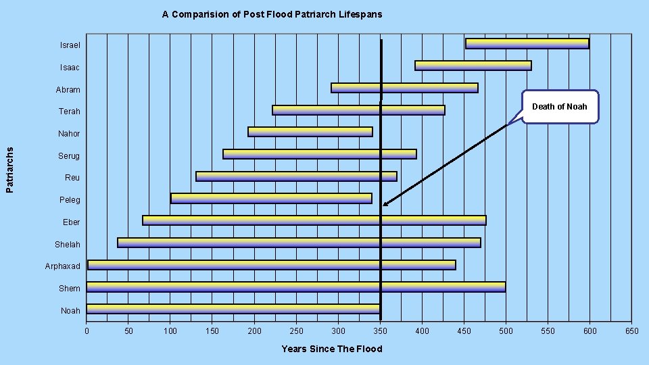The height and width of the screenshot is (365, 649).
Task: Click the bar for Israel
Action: point(527,43)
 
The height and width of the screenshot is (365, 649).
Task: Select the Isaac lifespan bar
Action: point(473,66)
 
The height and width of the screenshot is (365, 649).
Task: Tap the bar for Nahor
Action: point(310,132)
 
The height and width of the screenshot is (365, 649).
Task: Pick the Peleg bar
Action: point(271,198)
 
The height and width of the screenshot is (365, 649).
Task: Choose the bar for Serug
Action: point(319,154)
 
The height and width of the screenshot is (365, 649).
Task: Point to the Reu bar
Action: point(296,176)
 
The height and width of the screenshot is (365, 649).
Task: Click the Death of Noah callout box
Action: point(560,107)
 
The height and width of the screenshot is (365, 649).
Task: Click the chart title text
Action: point(272,14)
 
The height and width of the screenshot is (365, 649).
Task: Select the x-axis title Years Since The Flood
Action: point(331,349)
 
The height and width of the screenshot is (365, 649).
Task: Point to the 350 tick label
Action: point(380,331)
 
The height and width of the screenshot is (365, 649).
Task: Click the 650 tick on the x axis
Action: point(631,331)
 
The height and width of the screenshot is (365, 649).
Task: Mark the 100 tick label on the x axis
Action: point(170,331)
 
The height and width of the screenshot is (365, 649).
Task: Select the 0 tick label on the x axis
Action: point(87,331)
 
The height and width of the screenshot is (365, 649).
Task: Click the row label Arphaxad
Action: point(62,266)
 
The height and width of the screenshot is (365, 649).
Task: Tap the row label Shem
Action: point(69,289)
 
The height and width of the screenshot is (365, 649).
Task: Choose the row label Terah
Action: point(69,111)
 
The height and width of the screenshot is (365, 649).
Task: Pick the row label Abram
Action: point(68,89)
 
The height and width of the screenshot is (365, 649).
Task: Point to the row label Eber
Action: point(71,222)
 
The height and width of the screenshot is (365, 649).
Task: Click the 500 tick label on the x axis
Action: point(506,331)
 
